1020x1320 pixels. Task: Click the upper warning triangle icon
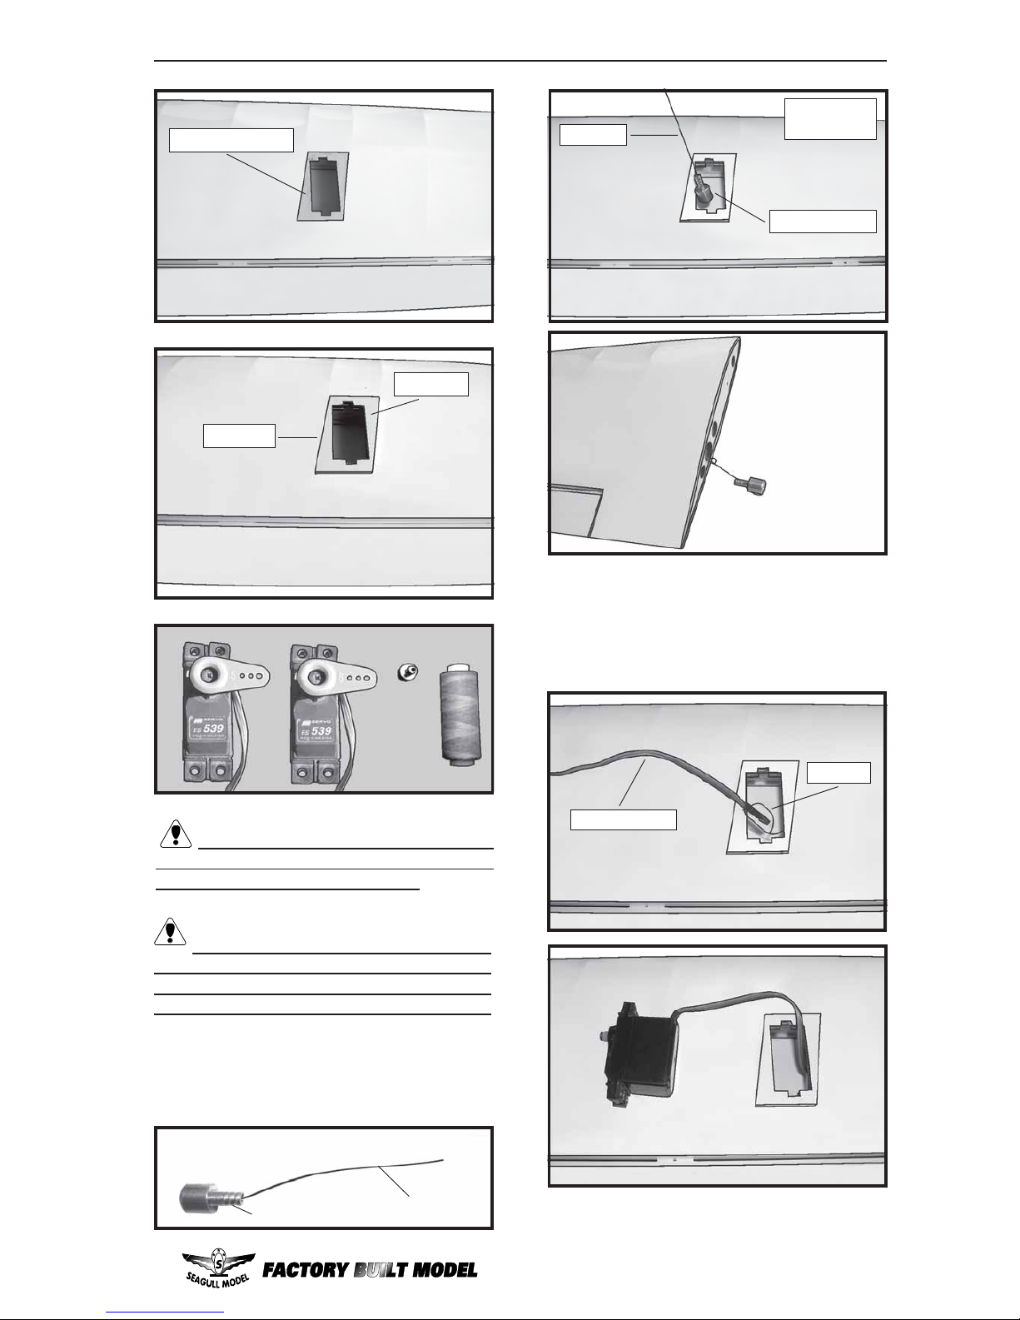pos(175,834)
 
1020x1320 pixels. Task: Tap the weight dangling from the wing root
pos(758,485)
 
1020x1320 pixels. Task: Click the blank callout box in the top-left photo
pos(231,140)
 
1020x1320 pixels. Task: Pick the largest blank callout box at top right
pos(830,119)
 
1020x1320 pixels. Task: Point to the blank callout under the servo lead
pos(623,819)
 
